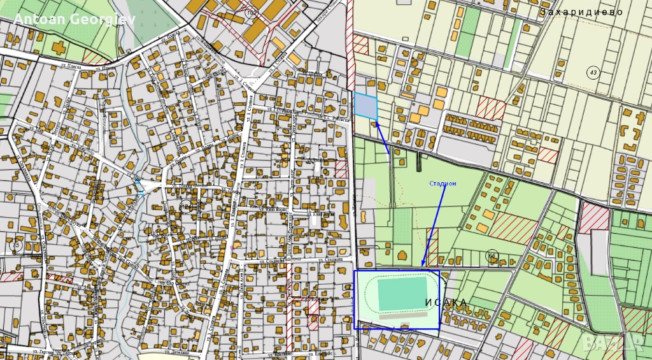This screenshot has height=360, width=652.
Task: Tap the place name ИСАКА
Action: (x=446, y=302)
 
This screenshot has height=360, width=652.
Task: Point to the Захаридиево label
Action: (x=580, y=12)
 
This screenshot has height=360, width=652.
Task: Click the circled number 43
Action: (x=593, y=73)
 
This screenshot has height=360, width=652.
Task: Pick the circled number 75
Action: (x=15, y=245)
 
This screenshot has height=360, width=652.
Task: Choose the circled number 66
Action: (x=492, y=256)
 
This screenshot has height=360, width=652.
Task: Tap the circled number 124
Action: (x=186, y=205)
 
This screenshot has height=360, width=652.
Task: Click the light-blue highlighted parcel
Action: (x=365, y=106)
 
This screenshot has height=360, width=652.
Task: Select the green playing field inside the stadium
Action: (x=404, y=293)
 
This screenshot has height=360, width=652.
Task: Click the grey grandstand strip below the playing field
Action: (x=402, y=313)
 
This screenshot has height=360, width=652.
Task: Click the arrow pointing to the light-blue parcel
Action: (x=382, y=137)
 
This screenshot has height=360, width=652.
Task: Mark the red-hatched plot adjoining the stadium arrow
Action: (x=432, y=247)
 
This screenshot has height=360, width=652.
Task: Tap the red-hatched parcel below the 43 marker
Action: (x=490, y=108)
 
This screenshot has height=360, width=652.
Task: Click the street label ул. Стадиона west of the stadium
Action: (x=332, y=259)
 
